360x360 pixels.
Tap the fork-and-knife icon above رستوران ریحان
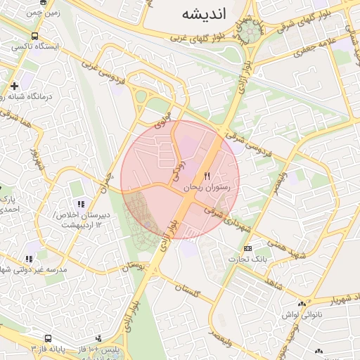tap(207, 176)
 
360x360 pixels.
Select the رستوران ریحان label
tap(211, 188)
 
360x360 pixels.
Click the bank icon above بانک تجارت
tap(247, 248)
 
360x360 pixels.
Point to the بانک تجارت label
tap(247, 259)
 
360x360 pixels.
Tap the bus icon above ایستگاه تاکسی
tap(35, 36)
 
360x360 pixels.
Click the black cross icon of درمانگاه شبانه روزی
tap(14, 86)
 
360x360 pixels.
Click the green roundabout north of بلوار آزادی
tap(248, 31)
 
